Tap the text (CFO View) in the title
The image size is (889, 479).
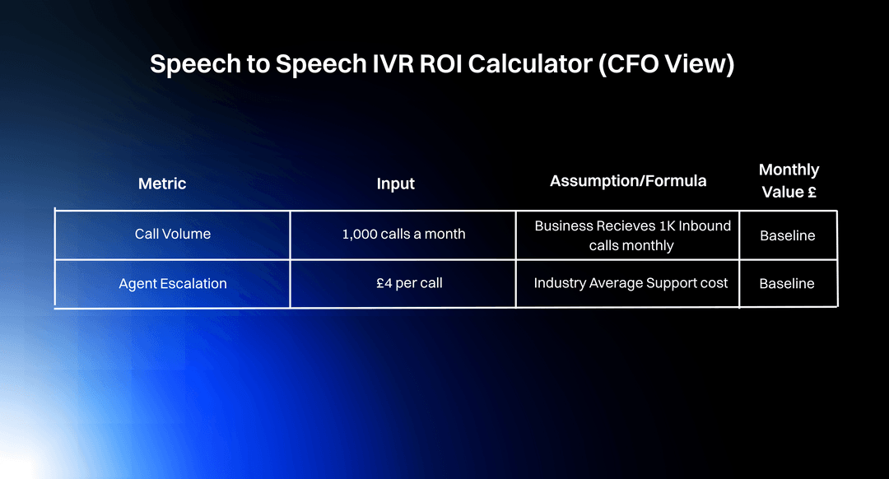666,64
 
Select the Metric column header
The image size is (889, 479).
162,184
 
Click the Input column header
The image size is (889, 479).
396,184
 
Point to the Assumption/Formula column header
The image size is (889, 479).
628,181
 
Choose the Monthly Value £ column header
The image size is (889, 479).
789,181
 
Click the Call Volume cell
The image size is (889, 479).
173,235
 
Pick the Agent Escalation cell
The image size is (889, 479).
173,284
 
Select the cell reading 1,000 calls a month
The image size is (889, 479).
403,235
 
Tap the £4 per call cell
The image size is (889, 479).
408,284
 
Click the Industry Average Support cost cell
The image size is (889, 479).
631,283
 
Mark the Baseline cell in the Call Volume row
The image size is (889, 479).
788,235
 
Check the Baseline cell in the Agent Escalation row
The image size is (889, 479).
787,284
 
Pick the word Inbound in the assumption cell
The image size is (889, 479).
705,226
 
